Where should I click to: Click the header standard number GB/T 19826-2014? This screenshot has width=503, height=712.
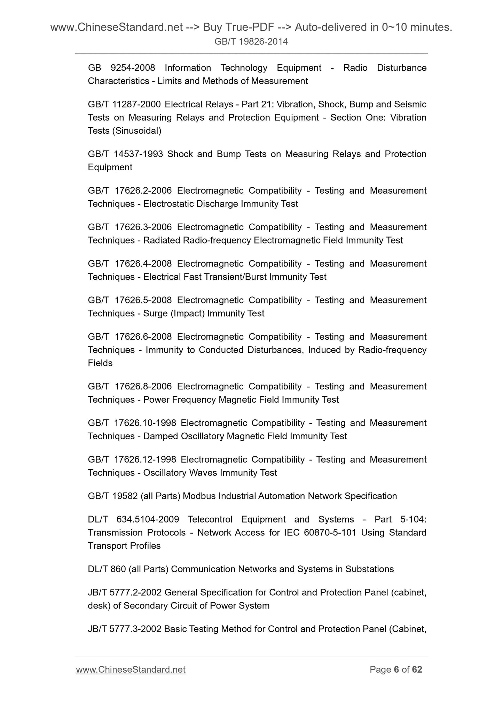coord(251,42)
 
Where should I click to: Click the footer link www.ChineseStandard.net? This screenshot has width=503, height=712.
coord(131,670)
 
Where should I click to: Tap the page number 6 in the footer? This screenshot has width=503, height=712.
coord(396,670)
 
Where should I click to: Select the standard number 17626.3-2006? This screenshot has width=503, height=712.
coord(143,227)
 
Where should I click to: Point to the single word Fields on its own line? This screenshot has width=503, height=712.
coord(100,363)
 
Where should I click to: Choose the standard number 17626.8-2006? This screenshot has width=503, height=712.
coord(143,386)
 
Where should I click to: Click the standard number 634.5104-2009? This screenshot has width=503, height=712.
coord(148,519)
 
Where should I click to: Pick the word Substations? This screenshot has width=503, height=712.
coord(369,569)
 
